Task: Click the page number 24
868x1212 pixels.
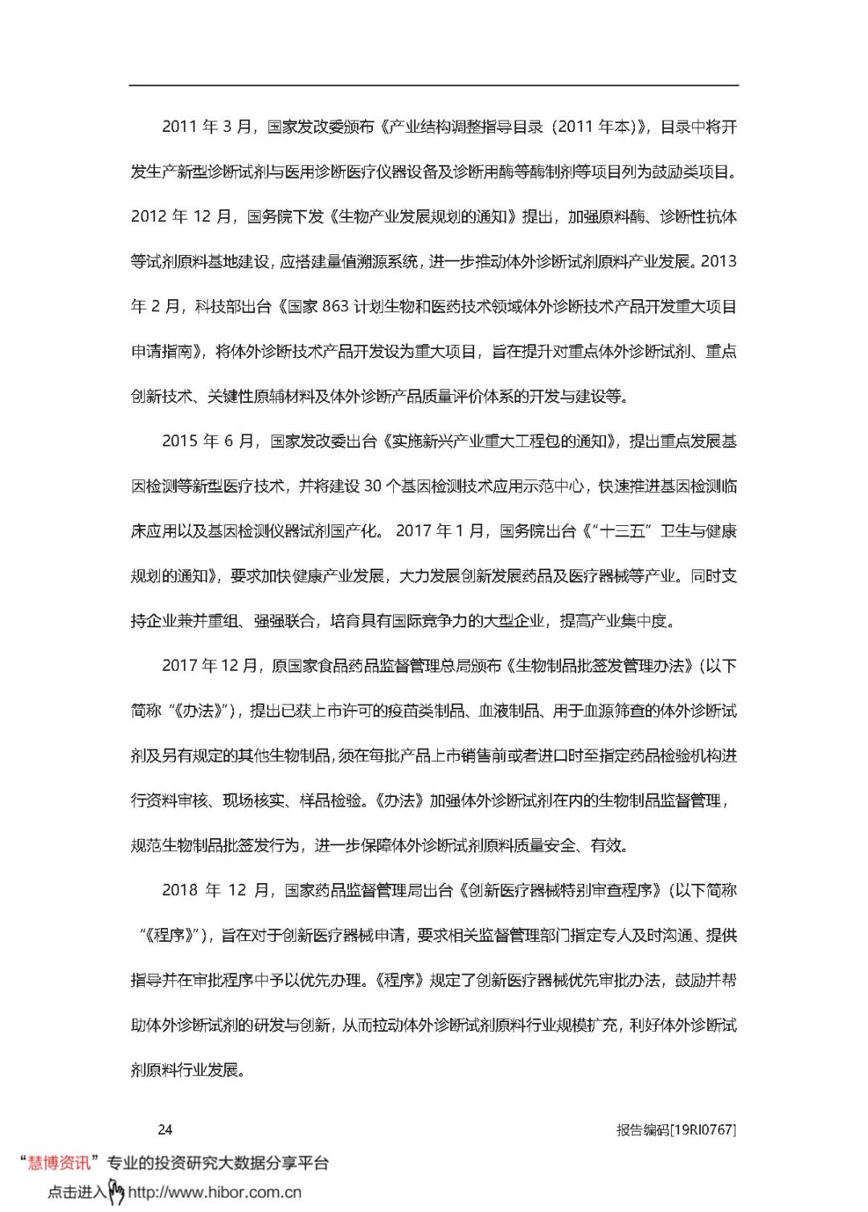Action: click(165, 1129)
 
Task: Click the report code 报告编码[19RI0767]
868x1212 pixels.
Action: click(675, 1129)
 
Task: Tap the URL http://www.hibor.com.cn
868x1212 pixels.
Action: click(215, 1193)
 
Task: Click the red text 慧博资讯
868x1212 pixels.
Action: click(59, 1163)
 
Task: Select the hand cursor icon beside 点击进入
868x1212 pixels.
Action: click(117, 1191)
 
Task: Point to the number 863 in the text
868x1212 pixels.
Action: click(335, 306)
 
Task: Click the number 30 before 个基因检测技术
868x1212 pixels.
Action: click(373, 486)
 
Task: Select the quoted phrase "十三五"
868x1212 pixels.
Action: click(621, 531)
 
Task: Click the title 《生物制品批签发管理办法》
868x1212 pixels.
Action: click(600, 666)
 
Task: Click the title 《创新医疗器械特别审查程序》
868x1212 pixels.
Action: click(561, 890)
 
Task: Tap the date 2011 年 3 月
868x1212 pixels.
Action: click(207, 126)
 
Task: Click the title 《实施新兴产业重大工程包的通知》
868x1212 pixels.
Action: click(501, 441)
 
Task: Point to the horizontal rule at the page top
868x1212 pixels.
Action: click(433, 85)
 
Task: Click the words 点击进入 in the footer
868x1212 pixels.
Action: click(76, 1193)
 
